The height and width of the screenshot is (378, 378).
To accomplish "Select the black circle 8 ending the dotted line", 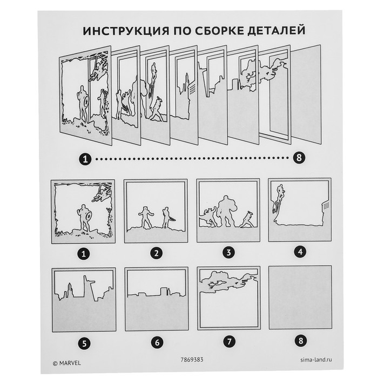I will tap(299, 158).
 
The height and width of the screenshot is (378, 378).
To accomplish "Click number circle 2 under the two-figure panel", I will tap(156, 252).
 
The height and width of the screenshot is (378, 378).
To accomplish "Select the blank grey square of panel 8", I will tap(300, 297).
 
